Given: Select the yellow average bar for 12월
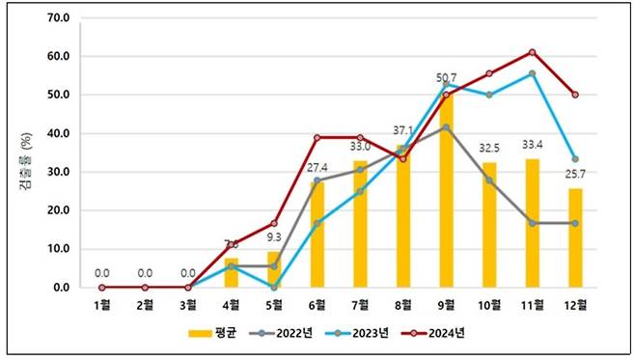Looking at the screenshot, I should pos(576,237).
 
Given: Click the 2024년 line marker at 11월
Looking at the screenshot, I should pos(533,52).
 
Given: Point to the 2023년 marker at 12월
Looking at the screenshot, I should pos(576,159).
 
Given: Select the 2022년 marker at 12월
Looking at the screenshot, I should pos(576,223).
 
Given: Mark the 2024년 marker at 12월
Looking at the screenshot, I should pos(576,95).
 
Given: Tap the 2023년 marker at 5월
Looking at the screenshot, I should pos(275,287).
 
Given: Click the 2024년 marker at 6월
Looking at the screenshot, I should pos(317,137).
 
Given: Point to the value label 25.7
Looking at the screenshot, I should pos(576,174).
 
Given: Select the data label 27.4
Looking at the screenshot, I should pos(318,168).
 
